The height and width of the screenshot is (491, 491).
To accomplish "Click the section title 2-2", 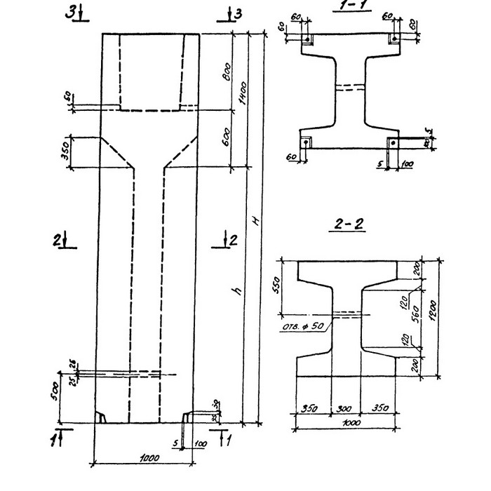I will click(348, 225).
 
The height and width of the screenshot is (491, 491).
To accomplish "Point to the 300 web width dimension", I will click(345, 406).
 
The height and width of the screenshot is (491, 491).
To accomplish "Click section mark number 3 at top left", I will click(71, 13).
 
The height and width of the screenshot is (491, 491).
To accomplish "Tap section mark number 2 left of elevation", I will click(56, 240).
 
